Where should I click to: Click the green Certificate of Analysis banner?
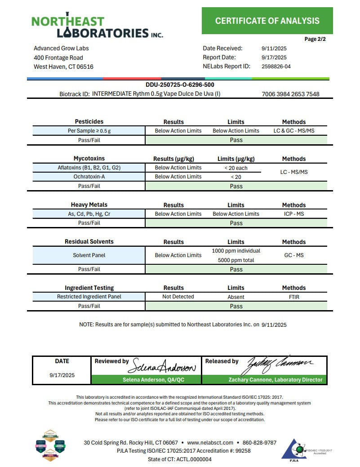tap(267, 21)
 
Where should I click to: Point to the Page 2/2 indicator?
tap(315, 39)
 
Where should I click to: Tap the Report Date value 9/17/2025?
tap(274, 58)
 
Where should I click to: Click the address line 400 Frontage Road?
tap(58, 58)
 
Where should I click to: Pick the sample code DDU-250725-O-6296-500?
tap(177, 85)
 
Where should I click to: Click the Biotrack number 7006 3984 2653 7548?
tap(290, 94)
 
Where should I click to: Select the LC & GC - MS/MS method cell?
tap(294, 131)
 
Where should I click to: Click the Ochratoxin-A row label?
tap(89, 177)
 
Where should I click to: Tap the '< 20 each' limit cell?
tap(236, 168)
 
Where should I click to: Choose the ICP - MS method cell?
tap(294, 214)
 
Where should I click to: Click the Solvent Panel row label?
tap(89, 255)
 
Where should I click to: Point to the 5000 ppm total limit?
tap(236, 260)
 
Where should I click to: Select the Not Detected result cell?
tap(178, 297)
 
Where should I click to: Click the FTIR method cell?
tap(294, 297)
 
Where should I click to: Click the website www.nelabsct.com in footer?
tap(210, 442)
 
